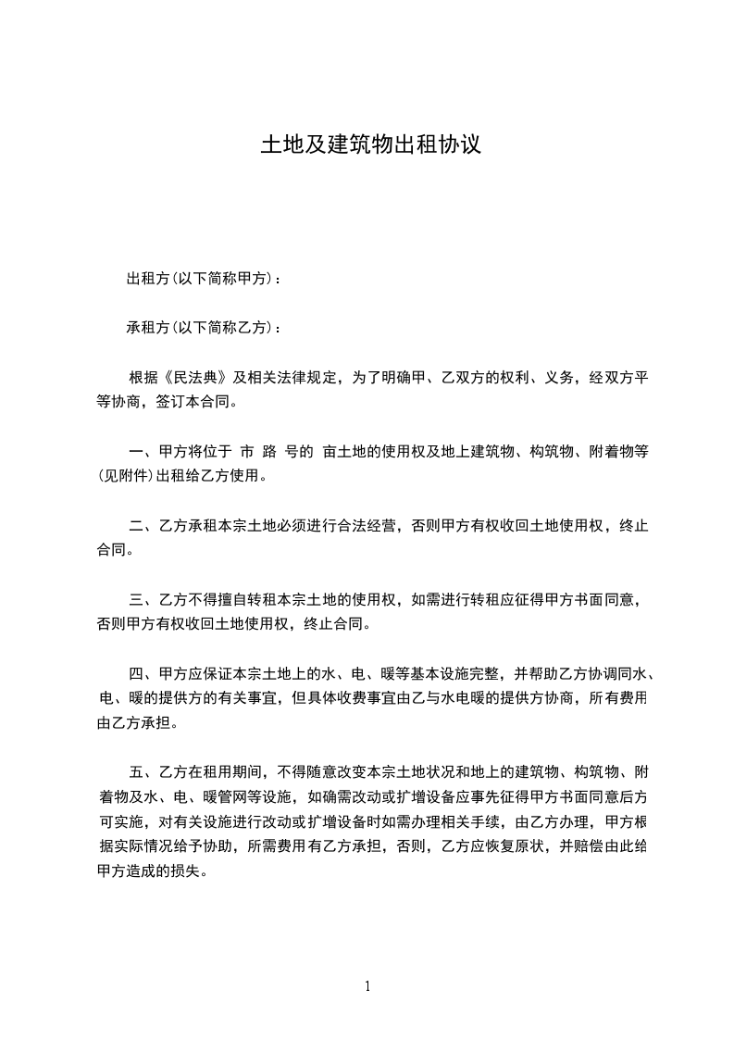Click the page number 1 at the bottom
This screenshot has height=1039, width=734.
click(x=367, y=985)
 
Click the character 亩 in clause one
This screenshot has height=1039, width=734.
click(x=330, y=452)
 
